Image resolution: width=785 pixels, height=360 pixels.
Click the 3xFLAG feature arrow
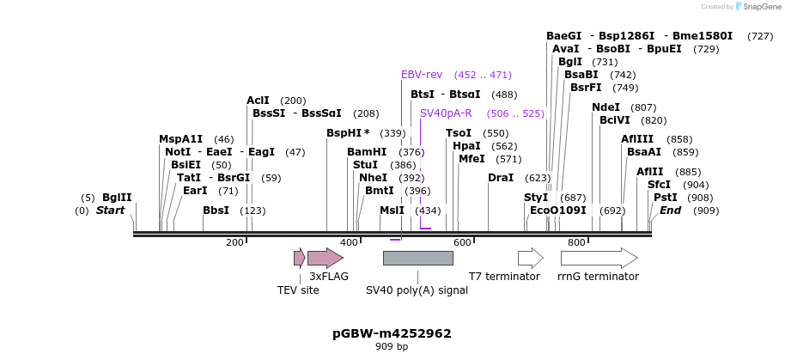pos(325,258)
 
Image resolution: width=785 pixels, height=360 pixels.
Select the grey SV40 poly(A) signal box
pos(417,258)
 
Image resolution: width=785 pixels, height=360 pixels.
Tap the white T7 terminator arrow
pos(530,258)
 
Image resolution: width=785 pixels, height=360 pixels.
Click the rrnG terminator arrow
pos(599,258)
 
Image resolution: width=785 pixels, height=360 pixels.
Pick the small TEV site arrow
pos(299,258)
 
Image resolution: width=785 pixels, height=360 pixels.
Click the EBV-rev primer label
pos(422,75)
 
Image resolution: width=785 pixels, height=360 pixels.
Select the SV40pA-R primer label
pos(446,113)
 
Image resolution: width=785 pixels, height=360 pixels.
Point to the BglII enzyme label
pos(117,198)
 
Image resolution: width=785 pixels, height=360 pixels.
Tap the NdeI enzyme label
pos(605,107)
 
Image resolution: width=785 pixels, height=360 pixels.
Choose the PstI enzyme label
pos(666,198)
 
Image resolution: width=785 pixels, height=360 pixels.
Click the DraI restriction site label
pos(500,178)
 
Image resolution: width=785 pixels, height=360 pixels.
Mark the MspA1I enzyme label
pos(180,139)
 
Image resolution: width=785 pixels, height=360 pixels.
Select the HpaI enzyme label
pos(466,146)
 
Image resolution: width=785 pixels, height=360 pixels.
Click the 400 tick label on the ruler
pos(349,243)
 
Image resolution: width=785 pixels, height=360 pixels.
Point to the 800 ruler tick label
pos(575,243)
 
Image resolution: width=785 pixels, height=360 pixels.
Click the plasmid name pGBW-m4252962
pos(392,333)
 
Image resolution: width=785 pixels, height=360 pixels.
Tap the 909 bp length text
pos(392,347)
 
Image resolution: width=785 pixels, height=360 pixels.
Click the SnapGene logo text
pos(758,7)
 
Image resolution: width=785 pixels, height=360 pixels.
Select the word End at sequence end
pos(670,211)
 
